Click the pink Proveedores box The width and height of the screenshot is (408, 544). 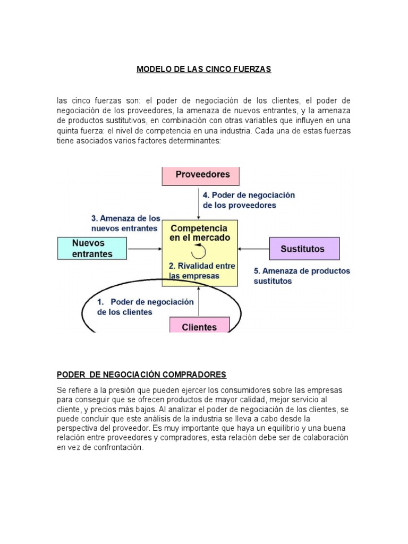pos(200,175)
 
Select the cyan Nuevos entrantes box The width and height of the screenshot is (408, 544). pos(92,248)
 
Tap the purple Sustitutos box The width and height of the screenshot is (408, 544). pos(304,248)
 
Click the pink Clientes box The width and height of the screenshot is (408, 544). pos(199,325)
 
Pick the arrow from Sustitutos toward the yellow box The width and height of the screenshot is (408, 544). pos(254,248)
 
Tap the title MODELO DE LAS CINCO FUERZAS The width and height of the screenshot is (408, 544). pos(203,70)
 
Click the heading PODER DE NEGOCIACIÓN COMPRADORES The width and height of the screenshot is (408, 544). pos(141,375)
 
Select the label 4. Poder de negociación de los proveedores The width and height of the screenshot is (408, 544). pos(249,200)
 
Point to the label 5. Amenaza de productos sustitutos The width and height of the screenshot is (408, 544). pos(302,276)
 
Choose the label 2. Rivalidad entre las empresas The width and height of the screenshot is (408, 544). pos(202,270)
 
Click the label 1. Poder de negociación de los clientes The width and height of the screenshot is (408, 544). pos(144,307)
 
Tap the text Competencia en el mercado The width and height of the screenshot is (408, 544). pos(200,233)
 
